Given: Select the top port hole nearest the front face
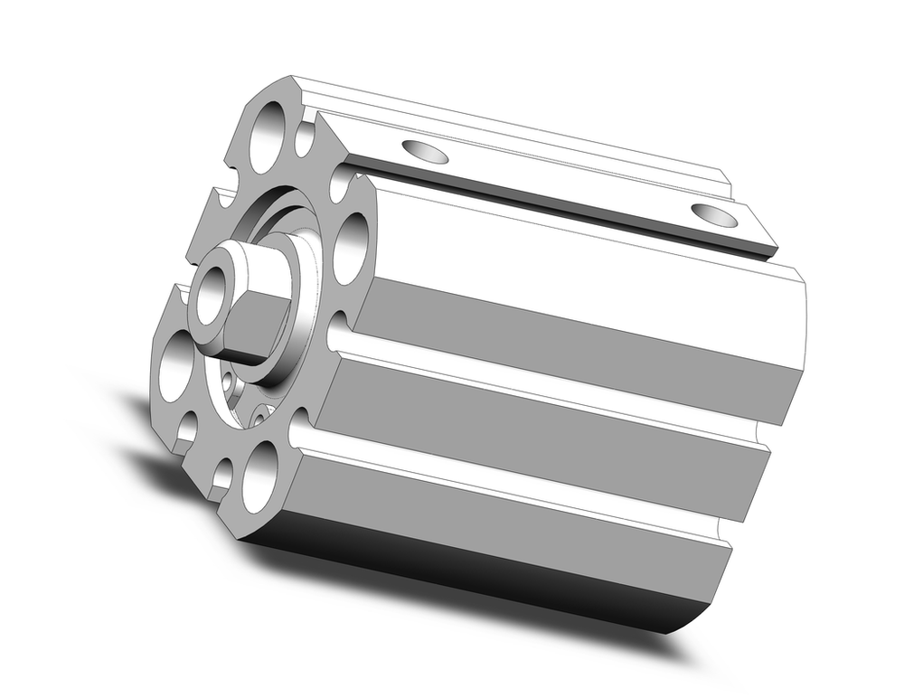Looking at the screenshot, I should pyautogui.click(x=425, y=151).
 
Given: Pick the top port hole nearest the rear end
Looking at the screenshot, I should pyautogui.click(x=714, y=215).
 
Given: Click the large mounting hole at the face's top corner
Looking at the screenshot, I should pyautogui.click(x=267, y=137).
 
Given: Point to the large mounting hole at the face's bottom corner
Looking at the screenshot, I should pyautogui.click(x=259, y=475).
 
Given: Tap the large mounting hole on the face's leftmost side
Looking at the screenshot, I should pyautogui.click(x=175, y=365).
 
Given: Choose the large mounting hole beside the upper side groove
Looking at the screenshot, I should pyautogui.click(x=351, y=249).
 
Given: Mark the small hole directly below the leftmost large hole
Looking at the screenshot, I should pyautogui.click(x=186, y=429).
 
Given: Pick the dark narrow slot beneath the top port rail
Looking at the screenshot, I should pyautogui.click(x=560, y=203).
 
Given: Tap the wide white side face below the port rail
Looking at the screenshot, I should pyautogui.click(x=588, y=271).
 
